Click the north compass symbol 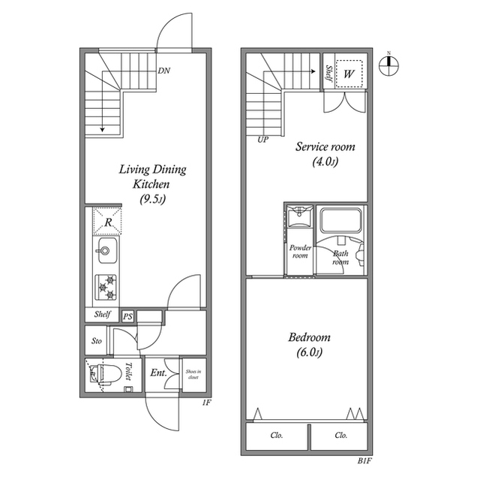point(388,65)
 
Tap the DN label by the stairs point(163,71)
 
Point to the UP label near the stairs point(262,140)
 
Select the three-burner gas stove point(106,287)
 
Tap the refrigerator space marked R point(107,222)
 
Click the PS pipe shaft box point(127,316)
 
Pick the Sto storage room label point(97,341)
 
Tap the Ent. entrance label point(158,373)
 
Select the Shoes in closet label point(193,374)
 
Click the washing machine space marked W point(349,74)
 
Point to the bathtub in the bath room point(340,220)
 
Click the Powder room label point(300,252)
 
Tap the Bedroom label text point(309,337)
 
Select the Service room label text point(325,146)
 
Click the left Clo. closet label point(277,435)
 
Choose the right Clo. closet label point(341,435)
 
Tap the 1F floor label point(207,403)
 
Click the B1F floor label point(364,461)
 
